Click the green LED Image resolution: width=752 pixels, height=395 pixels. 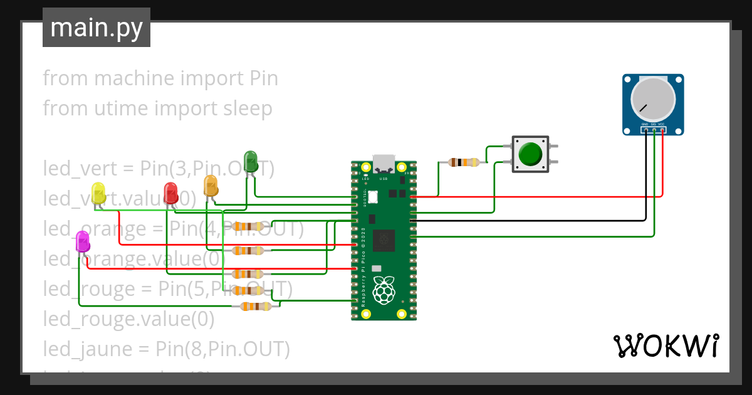[250, 161]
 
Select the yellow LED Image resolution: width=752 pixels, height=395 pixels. [98, 192]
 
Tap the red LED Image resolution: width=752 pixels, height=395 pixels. [170, 192]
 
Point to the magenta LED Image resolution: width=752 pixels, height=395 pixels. [82, 241]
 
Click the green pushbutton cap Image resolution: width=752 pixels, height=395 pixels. [531, 154]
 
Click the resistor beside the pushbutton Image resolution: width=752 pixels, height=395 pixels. [464, 163]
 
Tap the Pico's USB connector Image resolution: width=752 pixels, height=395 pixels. [384, 164]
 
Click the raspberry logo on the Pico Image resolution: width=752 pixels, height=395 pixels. [384, 290]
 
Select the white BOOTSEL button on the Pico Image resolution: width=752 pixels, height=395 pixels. [372, 197]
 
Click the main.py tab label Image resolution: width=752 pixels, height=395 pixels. [96, 28]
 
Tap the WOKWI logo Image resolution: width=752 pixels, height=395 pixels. [665, 345]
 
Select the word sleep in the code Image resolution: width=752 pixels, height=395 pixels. [248, 108]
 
